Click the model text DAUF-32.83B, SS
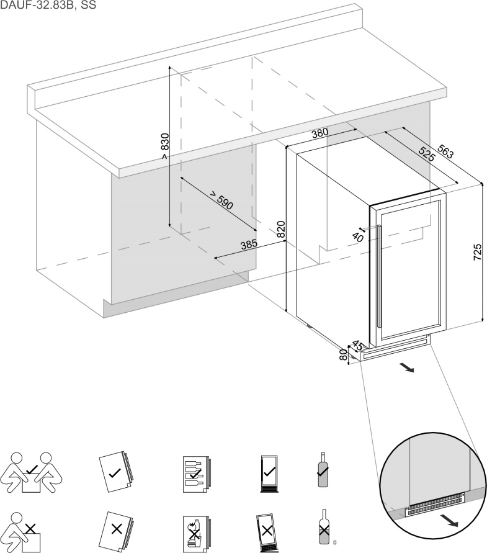coord(48,6)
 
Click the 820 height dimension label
coord(280,230)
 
